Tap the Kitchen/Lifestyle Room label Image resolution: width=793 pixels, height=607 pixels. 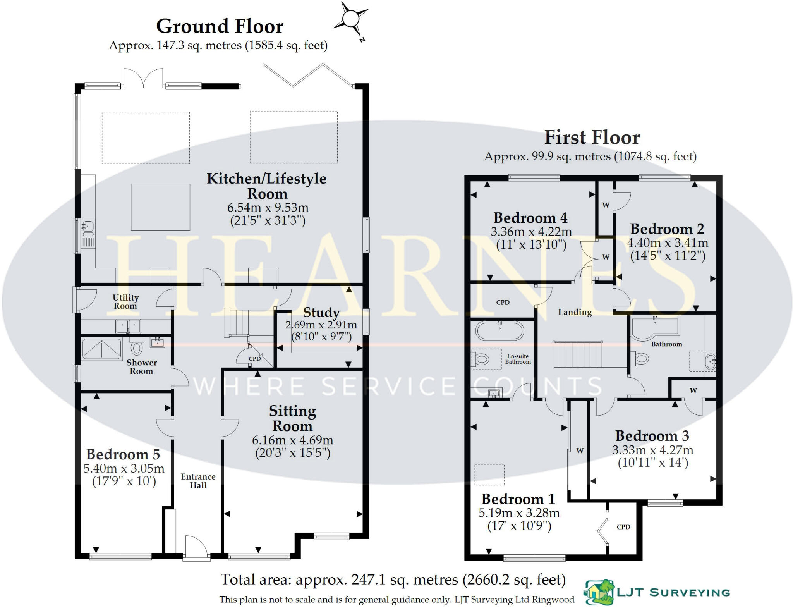click(x=267, y=186)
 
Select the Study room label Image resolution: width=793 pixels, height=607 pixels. click(x=321, y=312)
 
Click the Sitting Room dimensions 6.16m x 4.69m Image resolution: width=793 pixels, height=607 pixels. click(x=292, y=440)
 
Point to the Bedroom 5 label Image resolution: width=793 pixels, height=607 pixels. click(x=123, y=454)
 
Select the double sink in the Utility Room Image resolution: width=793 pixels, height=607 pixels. click(x=128, y=326)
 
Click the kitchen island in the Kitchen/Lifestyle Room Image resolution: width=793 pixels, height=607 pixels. click(x=160, y=207)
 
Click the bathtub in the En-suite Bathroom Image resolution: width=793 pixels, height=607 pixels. click(x=499, y=332)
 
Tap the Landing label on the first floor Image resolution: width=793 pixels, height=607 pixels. click(x=575, y=312)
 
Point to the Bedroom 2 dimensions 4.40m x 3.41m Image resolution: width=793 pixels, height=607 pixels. click(x=668, y=243)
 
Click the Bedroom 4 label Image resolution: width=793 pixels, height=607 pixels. click(x=530, y=218)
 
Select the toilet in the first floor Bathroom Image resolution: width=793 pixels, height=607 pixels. click(x=640, y=358)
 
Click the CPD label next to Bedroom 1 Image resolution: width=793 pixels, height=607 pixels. click(x=623, y=527)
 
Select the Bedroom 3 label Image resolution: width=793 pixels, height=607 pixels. click(x=652, y=436)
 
